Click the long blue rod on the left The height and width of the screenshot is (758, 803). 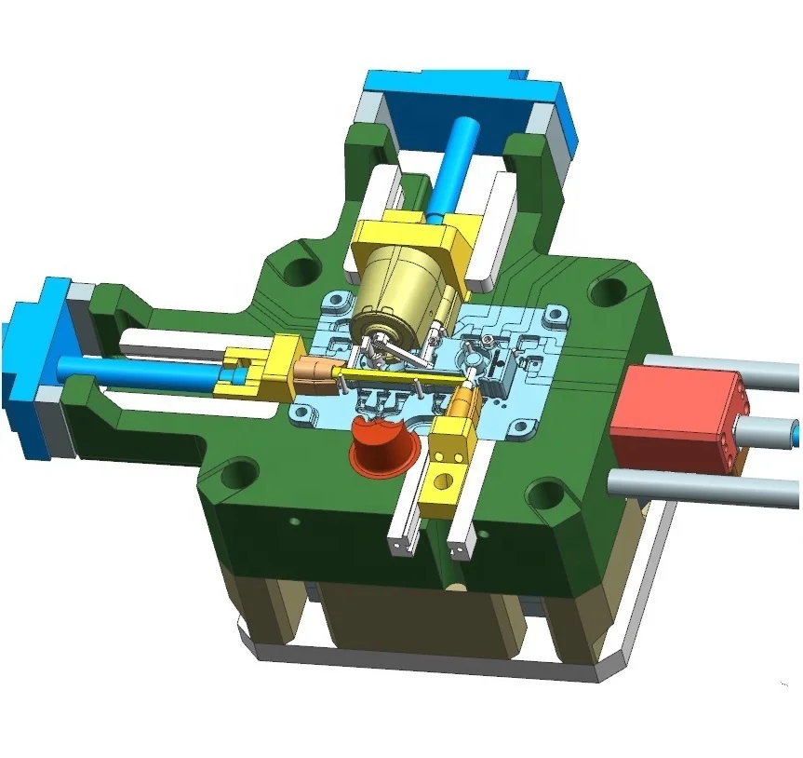[140, 372]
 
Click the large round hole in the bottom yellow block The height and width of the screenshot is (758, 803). [441, 483]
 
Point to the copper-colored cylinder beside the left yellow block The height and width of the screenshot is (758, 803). [313, 372]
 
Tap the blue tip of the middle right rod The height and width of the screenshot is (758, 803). [794, 431]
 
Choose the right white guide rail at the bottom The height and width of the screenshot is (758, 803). [462, 526]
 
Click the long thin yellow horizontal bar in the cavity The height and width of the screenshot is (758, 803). [400, 376]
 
